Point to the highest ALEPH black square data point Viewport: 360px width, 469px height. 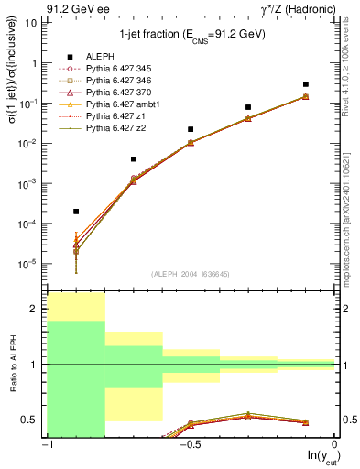(306, 84)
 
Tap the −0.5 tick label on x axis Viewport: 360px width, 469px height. (191, 443)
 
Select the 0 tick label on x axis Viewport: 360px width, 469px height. (334, 443)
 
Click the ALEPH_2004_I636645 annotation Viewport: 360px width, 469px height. (191, 274)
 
